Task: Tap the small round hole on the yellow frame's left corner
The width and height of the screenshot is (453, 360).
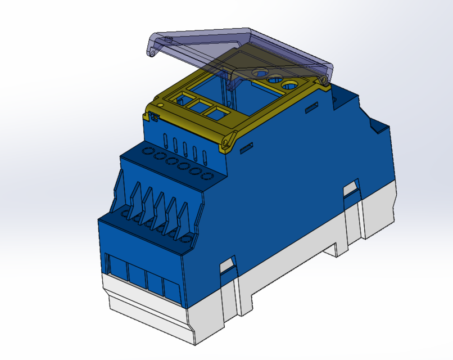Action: point(160,105)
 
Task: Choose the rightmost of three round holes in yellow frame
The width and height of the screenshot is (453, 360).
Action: point(290,85)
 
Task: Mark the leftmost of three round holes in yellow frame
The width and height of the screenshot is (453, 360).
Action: point(261,73)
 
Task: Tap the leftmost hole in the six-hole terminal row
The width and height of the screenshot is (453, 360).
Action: point(147,151)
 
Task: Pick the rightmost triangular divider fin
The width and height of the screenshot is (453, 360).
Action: point(184,218)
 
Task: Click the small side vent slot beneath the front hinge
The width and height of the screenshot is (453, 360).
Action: point(245,150)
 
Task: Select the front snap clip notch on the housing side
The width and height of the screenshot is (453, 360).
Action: point(227,265)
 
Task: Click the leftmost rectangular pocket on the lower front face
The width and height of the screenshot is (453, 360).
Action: point(117,268)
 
